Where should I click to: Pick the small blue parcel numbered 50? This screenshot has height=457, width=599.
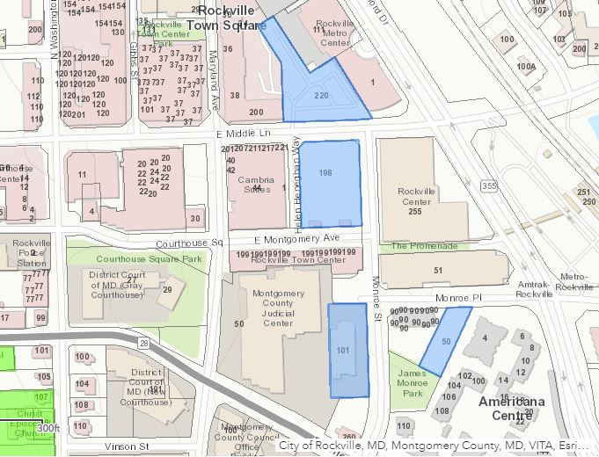coord(445,341)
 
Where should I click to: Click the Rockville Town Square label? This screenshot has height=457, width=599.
coord(232,18)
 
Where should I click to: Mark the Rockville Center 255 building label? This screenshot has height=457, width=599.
coord(416,201)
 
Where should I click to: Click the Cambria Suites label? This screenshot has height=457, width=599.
coord(251,184)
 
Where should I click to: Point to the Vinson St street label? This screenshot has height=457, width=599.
coord(129,446)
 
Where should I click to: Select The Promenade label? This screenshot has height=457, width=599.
coord(424,246)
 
